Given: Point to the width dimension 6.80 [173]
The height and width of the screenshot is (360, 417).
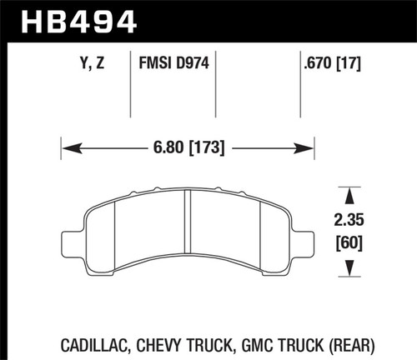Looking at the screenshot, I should [x=188, y=151].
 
